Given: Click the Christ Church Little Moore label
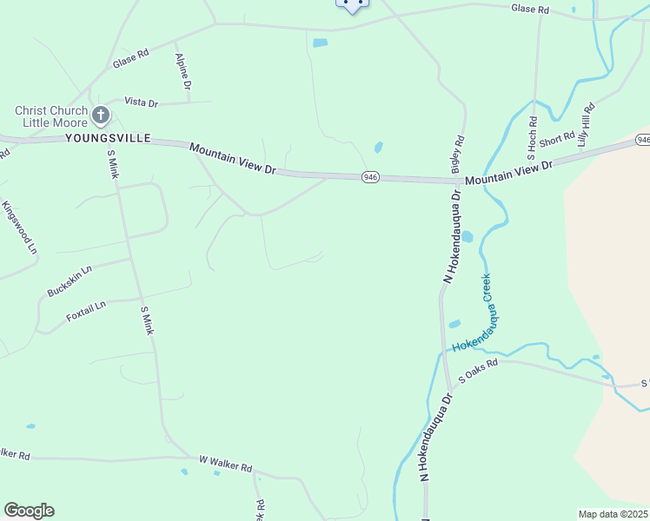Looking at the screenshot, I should click(51, 116).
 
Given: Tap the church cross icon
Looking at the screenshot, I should click(101, 115).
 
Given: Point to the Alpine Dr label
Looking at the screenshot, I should click(183, 71).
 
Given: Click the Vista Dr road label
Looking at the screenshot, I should click(141, 102).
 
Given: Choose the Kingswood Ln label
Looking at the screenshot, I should click(20, 228).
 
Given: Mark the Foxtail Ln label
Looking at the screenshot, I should click(86, 312).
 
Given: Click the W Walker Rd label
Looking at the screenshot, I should click(225, 464).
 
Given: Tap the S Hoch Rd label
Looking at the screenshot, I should click(533, 139).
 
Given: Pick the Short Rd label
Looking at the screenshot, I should click(557, 140).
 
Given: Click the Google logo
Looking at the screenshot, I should click(29, 511).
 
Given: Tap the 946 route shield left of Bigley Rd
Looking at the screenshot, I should click(371, 177).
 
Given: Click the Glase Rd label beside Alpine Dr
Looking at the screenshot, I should click(130, 59).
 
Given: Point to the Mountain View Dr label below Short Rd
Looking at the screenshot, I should click(508, 172).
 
